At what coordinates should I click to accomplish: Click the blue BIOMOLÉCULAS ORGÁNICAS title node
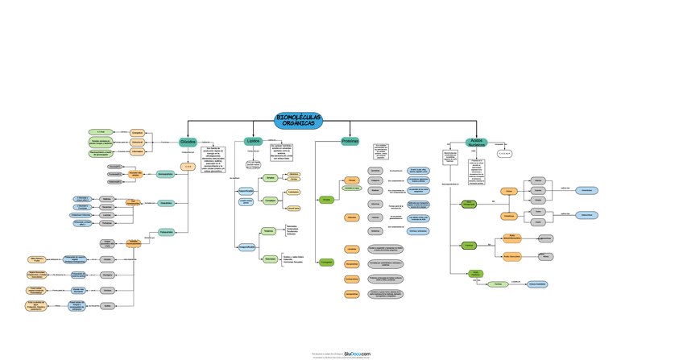coord(298,120)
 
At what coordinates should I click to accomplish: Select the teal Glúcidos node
coord(188,142)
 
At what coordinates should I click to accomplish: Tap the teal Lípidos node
coord(254,141)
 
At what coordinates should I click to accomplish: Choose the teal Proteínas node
coord(350,141)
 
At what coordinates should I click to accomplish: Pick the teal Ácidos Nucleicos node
coord(477,142)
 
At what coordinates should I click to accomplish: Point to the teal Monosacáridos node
coord(166,174)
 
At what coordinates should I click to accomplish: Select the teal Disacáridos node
coord(166,203)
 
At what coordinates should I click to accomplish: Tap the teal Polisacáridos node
coord(166,232)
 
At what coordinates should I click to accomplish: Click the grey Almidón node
coord(107,259)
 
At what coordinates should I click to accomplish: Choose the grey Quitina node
coord(107,305)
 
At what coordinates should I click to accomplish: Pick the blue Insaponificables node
coord(246,246)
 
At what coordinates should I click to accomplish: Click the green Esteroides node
coord(271,259)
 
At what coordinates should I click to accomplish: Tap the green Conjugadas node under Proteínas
coord(326,262)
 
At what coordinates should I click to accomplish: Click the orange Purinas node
coord(508,191)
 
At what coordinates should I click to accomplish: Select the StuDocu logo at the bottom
coord(357,353)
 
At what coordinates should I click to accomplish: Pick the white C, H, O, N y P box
coord(505,152)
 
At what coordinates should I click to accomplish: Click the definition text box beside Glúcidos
coord(212,158)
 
